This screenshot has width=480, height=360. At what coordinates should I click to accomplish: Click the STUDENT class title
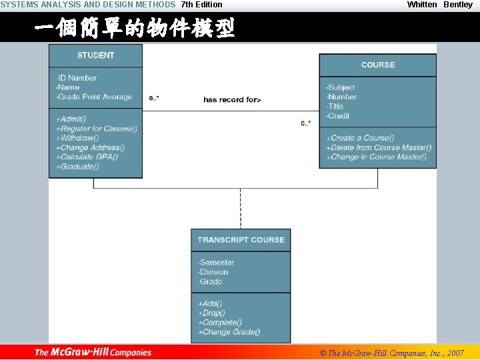point(95,55)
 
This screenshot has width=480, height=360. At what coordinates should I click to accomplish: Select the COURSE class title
point(377,65)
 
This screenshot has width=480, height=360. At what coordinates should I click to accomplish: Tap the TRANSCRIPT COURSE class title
point(241,240)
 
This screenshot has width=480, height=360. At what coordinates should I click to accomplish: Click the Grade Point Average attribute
point(94,97)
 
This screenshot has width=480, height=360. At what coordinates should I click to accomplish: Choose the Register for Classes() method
point(97,129)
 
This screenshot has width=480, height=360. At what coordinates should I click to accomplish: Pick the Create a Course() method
point(361,138)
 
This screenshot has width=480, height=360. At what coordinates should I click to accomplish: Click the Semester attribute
point(216,263)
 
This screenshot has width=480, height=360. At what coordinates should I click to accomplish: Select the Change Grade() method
point(229,332)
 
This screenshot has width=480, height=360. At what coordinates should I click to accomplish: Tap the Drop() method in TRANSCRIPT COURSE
point(212,313)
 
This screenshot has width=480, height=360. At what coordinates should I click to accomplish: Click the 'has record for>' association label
point(232,100)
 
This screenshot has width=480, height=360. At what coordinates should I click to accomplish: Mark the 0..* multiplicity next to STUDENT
point(154,99)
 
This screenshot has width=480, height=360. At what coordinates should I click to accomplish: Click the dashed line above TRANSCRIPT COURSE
point(241,209)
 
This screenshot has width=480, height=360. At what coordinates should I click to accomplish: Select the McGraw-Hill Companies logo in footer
point(93,353)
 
